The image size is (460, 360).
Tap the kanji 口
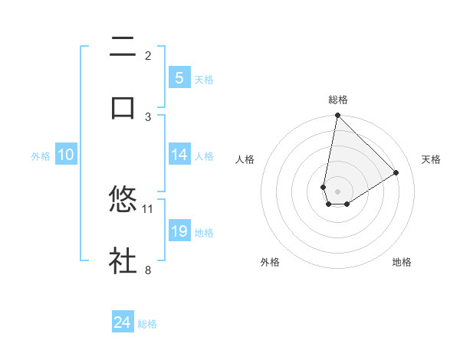[x=123, y=107]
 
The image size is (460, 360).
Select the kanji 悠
[x=123, y=200]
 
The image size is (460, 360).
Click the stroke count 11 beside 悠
[x=148, y=208]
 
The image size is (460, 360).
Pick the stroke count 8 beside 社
[x=148, y=270]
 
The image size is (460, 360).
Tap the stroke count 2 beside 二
[x=148, y=55]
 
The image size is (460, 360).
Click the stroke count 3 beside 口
[x=148, y=116]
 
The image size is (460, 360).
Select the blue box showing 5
[x=179, y=78]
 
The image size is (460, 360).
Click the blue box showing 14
[x=179, y=155]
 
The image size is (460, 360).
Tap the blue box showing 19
[x=179, y=231]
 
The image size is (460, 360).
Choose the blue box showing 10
[x=66, y=155]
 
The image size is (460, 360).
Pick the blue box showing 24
[x=123, y=322]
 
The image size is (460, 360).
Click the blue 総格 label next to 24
[x=147, y=324]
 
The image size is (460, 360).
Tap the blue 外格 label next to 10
[x=41, y=156]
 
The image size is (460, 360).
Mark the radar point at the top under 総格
[x=337, y=116]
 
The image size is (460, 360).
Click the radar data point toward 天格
[x=396, y=172]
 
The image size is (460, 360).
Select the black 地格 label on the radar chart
[x=402, y=262]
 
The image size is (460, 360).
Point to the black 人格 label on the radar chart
[x=245, y=159]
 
